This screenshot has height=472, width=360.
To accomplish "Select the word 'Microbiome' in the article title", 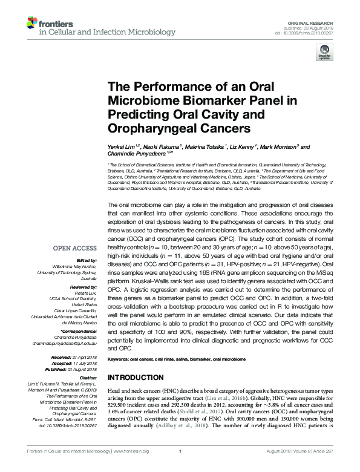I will (139, 99).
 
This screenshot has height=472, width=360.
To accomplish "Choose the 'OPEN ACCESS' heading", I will (75, 248).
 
